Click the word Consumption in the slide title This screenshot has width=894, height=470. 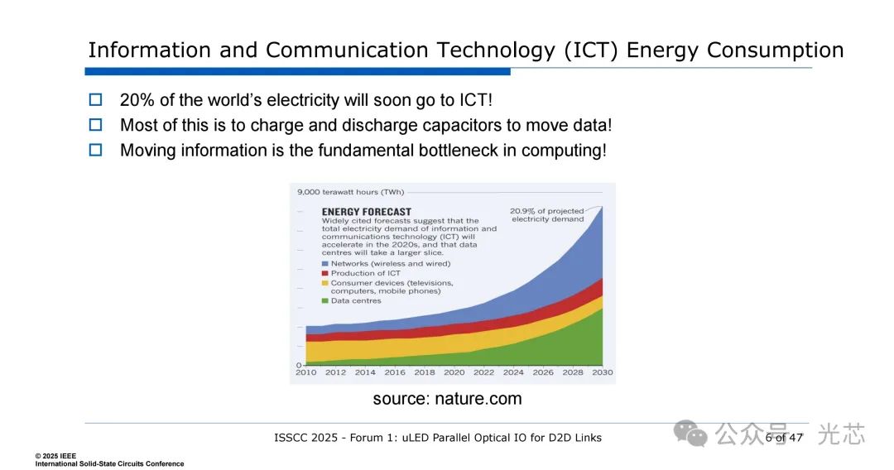(x=776, y=50)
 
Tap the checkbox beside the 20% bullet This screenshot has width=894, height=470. (x=96, y=99)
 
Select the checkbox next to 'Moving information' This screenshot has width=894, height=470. (x=96, y=150)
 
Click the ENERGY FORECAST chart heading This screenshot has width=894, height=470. (x=366, y=211)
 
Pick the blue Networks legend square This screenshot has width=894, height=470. (x=325, y=264)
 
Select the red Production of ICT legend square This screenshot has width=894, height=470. (x=325, y=273)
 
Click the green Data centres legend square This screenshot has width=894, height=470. (x=325, y=301)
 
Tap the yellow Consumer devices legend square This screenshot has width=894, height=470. (x=325, y=283)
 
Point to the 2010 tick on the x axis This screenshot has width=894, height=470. (x=306, y=372)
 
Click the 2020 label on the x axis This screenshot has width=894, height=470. (x=454, y=372)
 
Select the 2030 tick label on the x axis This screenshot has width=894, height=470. (x=603, y=372)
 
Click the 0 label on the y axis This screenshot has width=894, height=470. (x=299, y=365)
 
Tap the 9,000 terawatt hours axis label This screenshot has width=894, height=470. (x=350, y=192)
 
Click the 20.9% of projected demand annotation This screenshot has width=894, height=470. (x=547, y=215)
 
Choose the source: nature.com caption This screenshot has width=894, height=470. (x=448, y=399)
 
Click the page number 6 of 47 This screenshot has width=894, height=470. (x=784, y=438)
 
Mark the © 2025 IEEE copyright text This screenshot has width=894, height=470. (x=55, y=456)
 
